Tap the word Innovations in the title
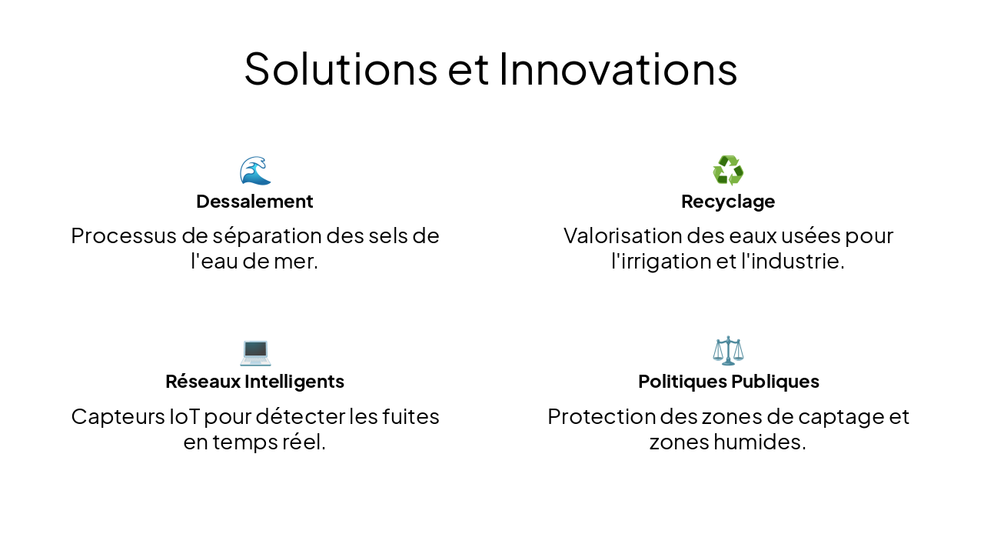click(x=618, y=68)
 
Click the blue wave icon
click(x=255, y=171)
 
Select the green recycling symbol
click(x=728, y=171)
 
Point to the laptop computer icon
click(x=255, y=352)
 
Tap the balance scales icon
click(x=728, y=351)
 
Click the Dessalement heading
click(x=254, y=202)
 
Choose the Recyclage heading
click(x=728, y=202)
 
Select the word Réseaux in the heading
click(x=203, y=382)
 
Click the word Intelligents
click(x=294, y=382)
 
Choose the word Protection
click(x=595, y=416)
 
